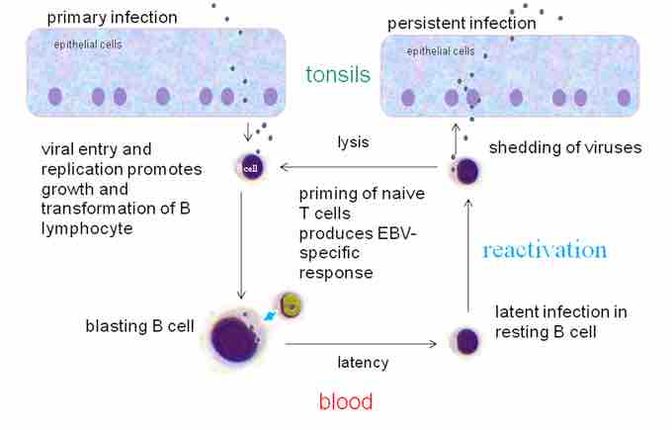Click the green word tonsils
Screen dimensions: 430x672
[x=338, y=75]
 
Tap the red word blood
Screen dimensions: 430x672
[x=345, y=401]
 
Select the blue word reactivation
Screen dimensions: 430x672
[x=545, y=249]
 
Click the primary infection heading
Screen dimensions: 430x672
[x=112, y=17]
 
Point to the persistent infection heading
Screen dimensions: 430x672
[x=461, y=23]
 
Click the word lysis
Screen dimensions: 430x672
[x=353, y=142]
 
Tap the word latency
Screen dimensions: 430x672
[x=361, y=363]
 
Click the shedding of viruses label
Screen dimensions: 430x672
[x=565, y=148]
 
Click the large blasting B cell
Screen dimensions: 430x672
[x=235, y=339]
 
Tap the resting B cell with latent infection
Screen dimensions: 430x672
[x=466, y=342]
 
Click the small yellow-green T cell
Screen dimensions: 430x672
[x=289, y=304]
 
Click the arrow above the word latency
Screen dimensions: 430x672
[x=361, y=344]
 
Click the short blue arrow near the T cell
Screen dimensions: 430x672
[x=268, y=318]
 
